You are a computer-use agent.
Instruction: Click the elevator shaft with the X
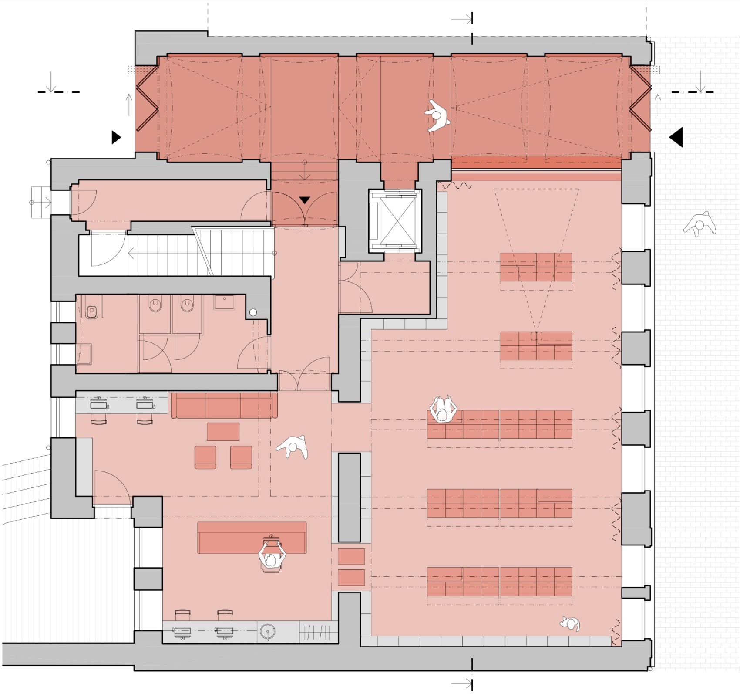pos(395,220)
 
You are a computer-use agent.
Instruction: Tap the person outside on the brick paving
pos(700,224)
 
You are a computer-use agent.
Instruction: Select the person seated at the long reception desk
pos(272,556)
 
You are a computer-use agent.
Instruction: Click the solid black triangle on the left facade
pos(116,137)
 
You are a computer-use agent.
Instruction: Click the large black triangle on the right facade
pos(676,137)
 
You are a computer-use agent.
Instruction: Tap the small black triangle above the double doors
pos(305,200)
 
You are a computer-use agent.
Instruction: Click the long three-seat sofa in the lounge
pos(224,405)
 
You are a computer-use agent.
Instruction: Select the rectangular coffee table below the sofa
pos(223,432)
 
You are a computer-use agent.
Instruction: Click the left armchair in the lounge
pos(205,457)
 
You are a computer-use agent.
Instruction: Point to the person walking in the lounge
pos(293,447)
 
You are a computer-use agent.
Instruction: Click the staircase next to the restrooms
pos(183,253)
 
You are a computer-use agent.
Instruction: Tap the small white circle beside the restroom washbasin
pos(253,312)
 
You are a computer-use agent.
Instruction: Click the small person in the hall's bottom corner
pos(570,624)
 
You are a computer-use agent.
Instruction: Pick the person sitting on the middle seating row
pos(443,409)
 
